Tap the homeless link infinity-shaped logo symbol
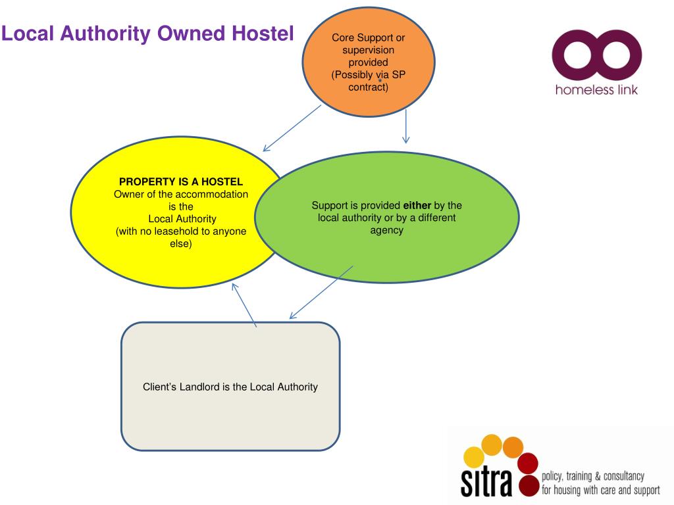(596, 59)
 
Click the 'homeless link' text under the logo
(596, 90)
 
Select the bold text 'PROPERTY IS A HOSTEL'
(181, 181)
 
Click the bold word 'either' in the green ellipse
(417, 205)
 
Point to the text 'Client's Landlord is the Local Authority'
(230, 387)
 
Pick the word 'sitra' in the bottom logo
(488, 481)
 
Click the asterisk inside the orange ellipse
(380, 81)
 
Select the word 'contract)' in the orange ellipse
(368, 87)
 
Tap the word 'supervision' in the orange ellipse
(368, 50)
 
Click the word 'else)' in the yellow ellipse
(181, 244)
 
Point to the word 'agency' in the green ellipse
(386, 230)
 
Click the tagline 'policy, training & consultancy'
(592, 477)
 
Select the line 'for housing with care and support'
(600, 491)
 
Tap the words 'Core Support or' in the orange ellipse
(368, 37)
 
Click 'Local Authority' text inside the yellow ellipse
(182, 219)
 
